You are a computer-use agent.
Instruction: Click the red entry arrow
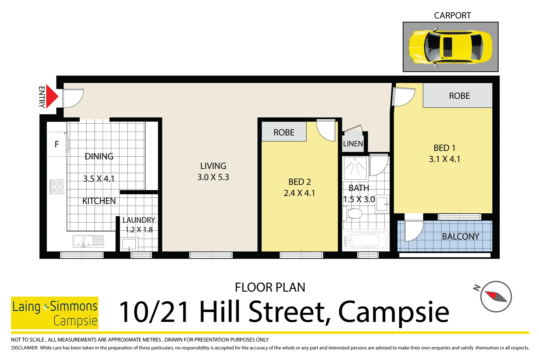[51, 97]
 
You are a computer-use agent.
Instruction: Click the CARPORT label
[452, 16]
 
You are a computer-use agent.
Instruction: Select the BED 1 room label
[444, 148]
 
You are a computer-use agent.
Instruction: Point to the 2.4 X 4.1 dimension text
[299, 193]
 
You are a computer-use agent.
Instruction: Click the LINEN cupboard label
[353, 144]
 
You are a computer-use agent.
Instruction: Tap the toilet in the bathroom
[353, 213]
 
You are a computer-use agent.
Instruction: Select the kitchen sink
[88, 241]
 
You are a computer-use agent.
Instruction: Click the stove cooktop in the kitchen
[57, 187]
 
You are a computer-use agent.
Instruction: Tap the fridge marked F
[57, 144]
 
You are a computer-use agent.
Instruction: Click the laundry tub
[129, 244]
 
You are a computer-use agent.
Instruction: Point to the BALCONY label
[460, 237]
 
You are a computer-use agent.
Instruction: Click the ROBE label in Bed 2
[284, 133]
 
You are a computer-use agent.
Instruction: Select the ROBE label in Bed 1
[459, 96]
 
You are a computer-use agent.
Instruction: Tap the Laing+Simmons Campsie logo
[55, 313]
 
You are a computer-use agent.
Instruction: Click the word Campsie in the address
[393, 312]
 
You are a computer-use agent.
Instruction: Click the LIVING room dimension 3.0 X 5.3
[213, 177]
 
